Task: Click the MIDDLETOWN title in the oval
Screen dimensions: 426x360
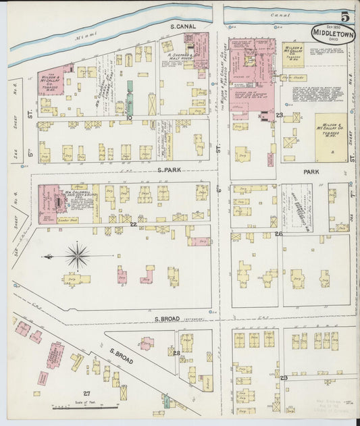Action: [333, 32]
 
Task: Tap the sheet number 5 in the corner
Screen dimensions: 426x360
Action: [344, 16]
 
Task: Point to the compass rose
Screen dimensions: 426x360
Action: [77, 256]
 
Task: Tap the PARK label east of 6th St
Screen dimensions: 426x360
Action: [311, 172]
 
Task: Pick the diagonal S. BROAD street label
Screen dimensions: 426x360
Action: [122, 356]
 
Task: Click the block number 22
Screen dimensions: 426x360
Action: [134, 224]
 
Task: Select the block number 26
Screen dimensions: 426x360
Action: [278, 234]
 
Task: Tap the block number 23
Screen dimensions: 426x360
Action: [279, 116]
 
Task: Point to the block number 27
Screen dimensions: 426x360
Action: [86, 393]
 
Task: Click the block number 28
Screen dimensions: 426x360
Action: [176, 353]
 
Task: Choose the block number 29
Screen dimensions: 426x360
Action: [284, 378]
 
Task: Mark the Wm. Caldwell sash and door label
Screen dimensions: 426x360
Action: [72, 197]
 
